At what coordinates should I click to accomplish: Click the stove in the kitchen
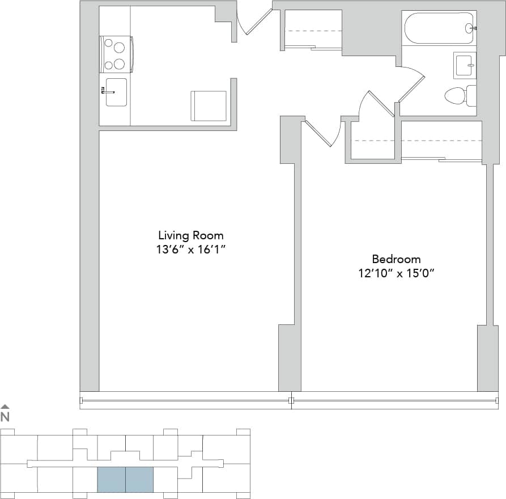pyautogui.click(x=117, y=54)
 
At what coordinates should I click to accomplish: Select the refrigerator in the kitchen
pyautogui.click(x=209, y=105)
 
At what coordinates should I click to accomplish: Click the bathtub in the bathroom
pyautogui.click(x=438, y=28)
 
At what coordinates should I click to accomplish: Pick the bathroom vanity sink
pyautogui.click(x=465, y=65)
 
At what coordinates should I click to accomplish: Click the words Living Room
pyautogui.click(x=190, y=235)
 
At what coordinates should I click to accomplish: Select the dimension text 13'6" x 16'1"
pyautogui.click(x=190, y=249)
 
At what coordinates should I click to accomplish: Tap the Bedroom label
pyautogui.click(x=396, y=259)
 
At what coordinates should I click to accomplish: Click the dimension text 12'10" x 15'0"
pyautogui.click(x=396, y=273)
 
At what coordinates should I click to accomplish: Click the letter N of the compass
pyautogui.click(x=5, y=417)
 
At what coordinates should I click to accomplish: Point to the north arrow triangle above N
pyautogui.click(x=5, y=407)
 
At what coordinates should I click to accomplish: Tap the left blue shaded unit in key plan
pyautogui.click(x=111, y=479)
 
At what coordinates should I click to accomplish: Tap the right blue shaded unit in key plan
pyautogui.click(x=139, y=479)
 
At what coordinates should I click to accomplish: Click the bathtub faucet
pyautogui.click(x=471, y=27)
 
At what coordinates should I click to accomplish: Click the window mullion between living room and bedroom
pyautogui.click(x=291, y=400)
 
